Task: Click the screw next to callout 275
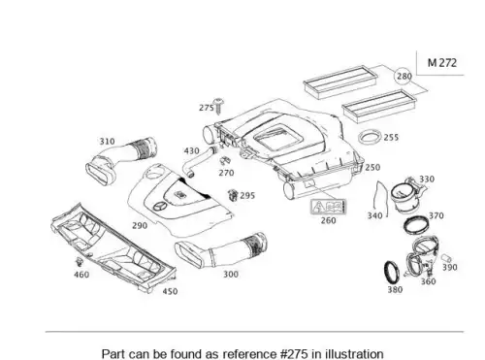tap(219, 106)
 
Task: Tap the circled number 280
tap(404, 77)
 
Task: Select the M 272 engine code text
tap(442, 62)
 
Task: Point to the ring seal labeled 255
tap(370, 138)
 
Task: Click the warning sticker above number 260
tap(328, 207)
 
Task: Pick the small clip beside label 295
tap(233, 195)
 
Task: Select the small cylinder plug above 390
tap(446, 258)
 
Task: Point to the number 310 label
tap(107, 142)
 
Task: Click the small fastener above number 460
tap(79, 262)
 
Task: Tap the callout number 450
tap(170, 291)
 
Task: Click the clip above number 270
tap(224, 161)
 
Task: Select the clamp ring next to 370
tap(417, 224)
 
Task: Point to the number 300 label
tap(231, 275)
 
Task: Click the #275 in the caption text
tap(294, 353)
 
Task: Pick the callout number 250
tap(372, 168)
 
